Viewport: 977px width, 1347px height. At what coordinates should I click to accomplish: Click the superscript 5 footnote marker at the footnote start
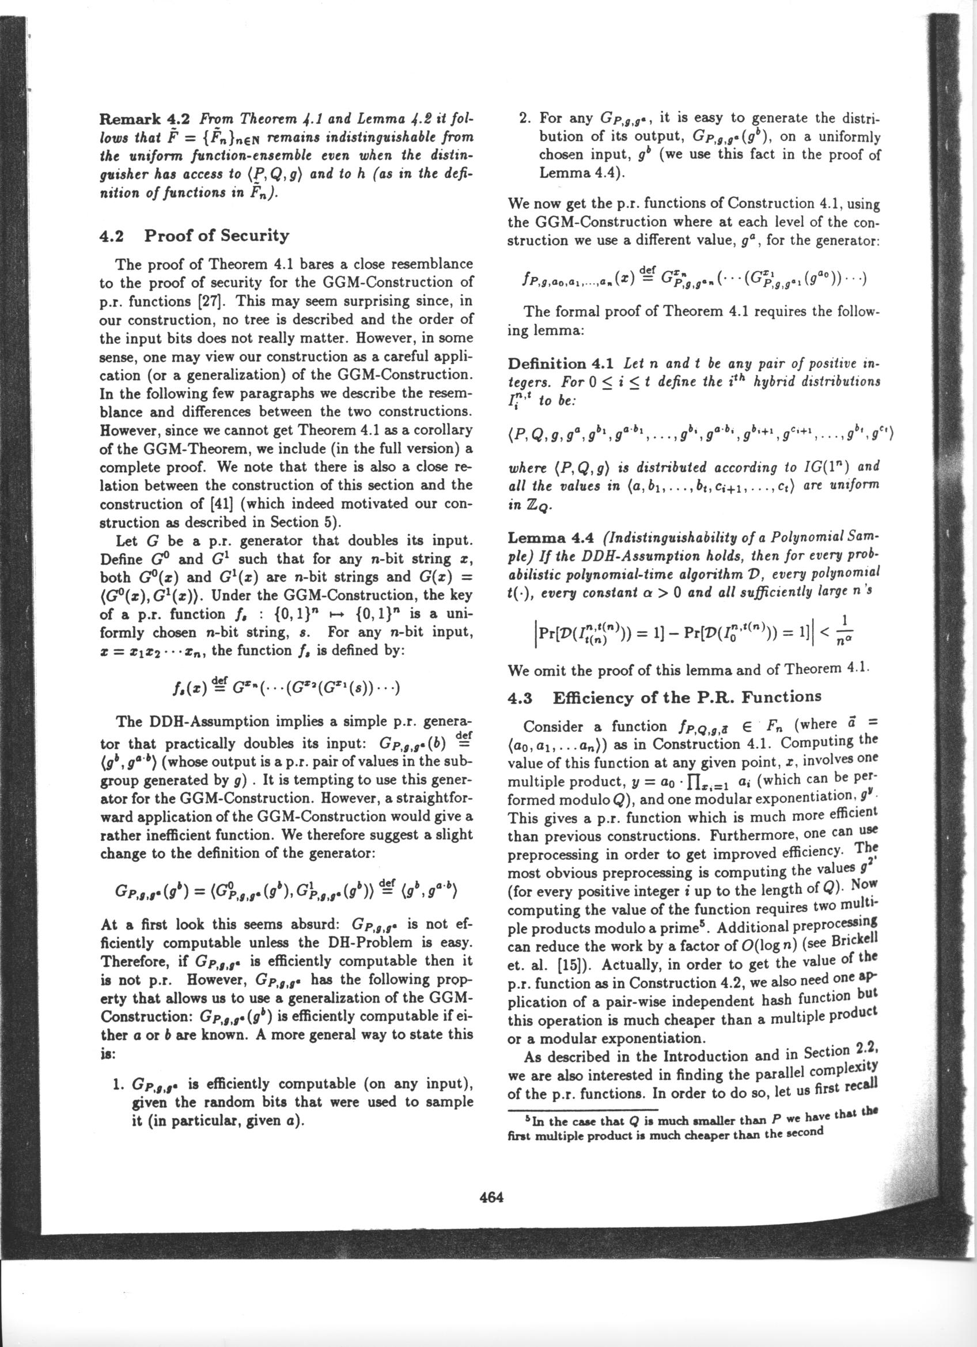(528, 1120)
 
